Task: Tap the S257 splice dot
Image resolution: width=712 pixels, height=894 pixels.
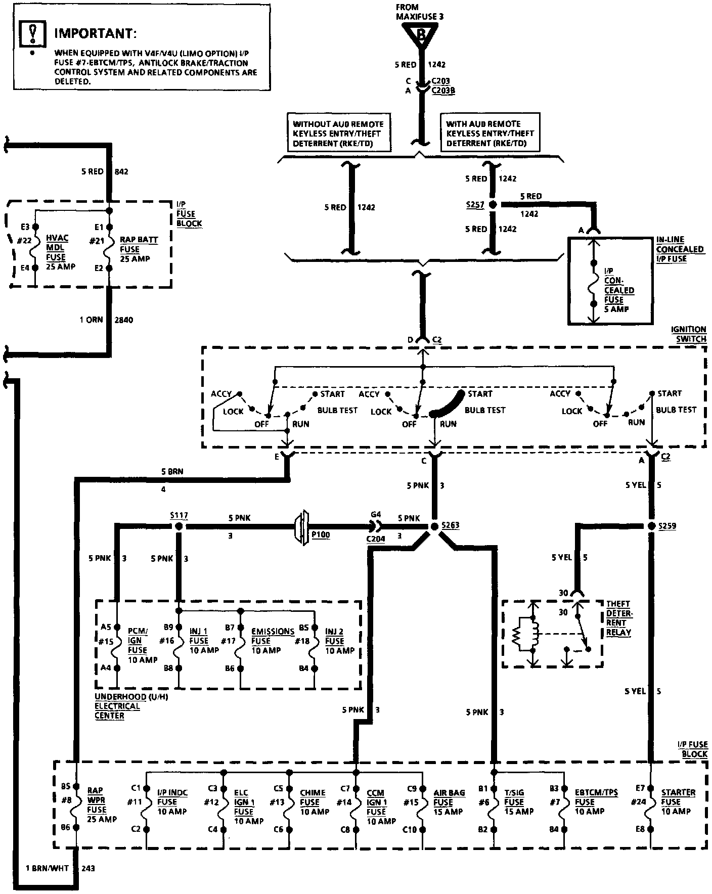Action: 491,205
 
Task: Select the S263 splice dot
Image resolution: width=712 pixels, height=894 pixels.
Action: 434,526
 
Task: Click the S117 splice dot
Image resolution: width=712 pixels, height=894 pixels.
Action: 178,526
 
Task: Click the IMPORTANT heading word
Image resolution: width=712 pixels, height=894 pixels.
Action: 95,34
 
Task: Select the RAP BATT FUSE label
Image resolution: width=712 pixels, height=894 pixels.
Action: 139,249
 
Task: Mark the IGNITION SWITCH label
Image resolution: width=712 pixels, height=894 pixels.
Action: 688,334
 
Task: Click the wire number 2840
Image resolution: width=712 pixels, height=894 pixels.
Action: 123,320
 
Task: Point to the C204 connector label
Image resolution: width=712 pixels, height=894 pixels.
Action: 376,539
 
